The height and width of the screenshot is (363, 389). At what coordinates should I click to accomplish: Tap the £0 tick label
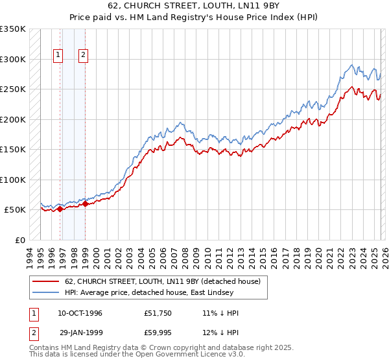(x=19, y=240)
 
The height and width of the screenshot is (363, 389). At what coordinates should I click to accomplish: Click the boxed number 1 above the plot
(x=59, y=56)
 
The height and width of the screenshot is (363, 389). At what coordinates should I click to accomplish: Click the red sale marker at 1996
(x=60, y=209)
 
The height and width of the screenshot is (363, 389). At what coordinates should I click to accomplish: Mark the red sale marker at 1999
(x=85, y=204)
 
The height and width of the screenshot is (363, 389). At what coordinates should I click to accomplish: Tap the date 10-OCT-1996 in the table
(x=80, y=313)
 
